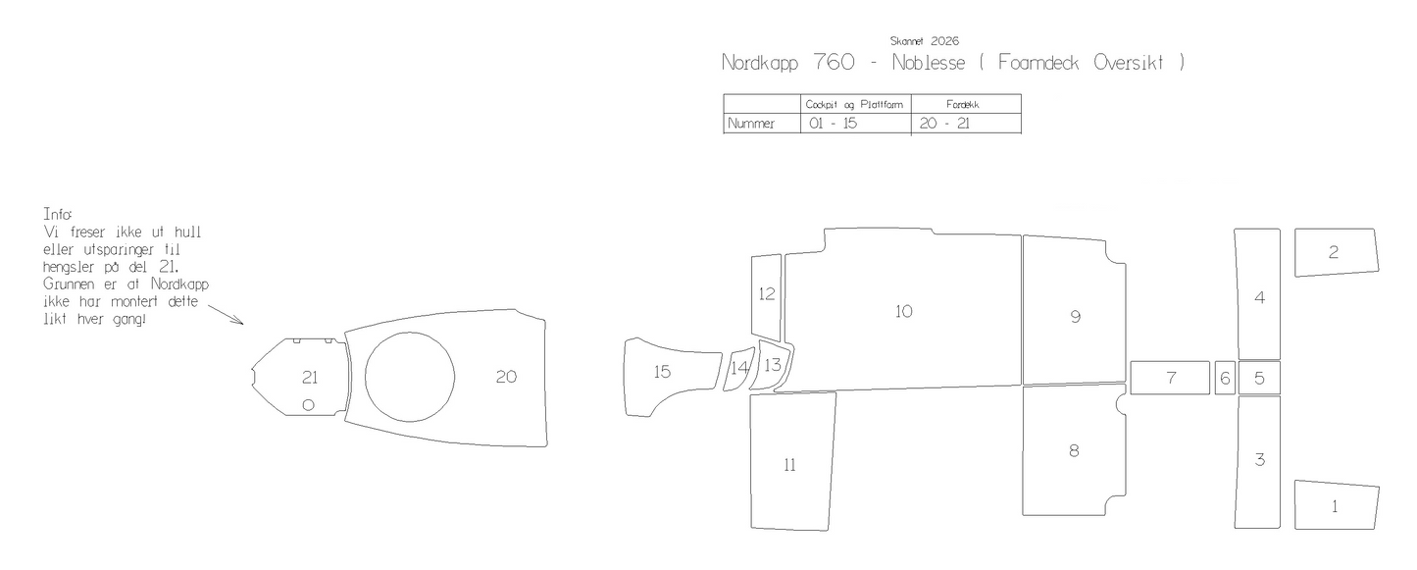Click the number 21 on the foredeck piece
coord(309,378)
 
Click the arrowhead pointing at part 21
coord(238,322)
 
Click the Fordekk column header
coord(962,104)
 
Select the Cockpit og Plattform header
coord(854,104)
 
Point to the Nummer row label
coord(751,124)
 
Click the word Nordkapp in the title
coord(760,63)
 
